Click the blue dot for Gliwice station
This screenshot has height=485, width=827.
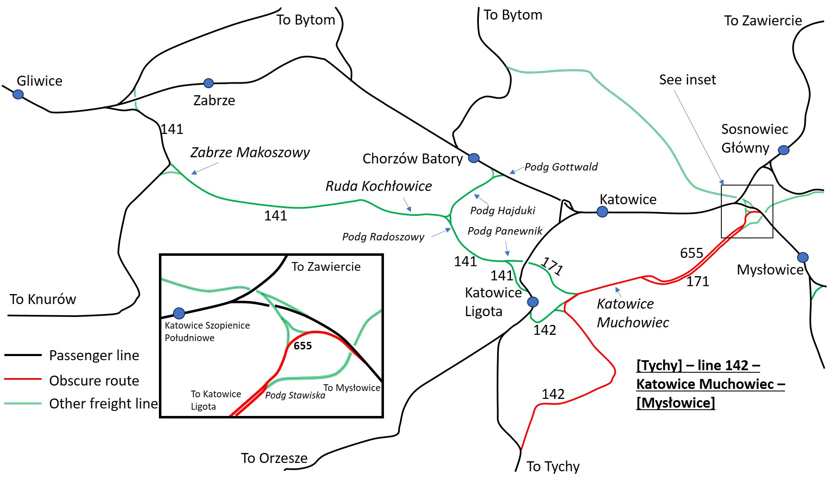(x=18, y=94)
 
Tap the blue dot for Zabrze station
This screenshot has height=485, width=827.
(x=208, y=83)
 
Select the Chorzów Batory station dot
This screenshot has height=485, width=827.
(x=474, y=158)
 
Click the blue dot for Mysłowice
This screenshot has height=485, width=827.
(x=803, y=257)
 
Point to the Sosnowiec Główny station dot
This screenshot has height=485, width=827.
(x=784, y=150)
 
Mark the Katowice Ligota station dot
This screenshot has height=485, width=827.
(x=533, y=302)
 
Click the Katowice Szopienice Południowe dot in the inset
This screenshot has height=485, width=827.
(x=179, y=313)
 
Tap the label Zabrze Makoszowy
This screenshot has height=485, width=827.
(x=250, y=153)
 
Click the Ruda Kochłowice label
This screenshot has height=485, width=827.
(x=379, y=186)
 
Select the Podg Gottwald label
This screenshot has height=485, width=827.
(x=561, y=167)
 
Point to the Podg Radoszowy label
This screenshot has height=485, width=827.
(x=383, y=237)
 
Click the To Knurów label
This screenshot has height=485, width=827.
(x=43, y=299)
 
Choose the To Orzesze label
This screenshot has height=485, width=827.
(x=274, y=458)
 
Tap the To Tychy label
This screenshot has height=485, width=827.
(x=553, y=467)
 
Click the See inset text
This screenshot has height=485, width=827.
(x=688, y=79)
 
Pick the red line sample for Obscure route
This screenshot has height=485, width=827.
(x=23, y=379)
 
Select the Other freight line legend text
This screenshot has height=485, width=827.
(x=104, y=403)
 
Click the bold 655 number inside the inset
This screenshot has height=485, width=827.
(x=302, y=346)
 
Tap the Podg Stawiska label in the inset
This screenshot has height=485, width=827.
(x=295, y=395)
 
